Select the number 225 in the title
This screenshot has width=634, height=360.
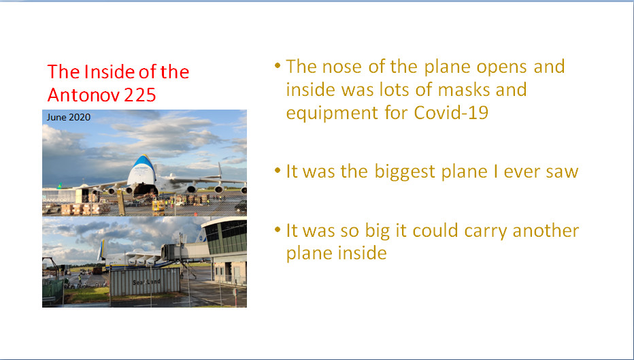coord(140,95)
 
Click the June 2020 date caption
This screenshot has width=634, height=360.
coord(68,117)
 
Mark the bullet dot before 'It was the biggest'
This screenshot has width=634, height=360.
coord(278,170)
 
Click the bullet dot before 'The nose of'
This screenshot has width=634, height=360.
coord(278,65)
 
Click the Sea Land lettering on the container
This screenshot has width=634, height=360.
coord(146,282)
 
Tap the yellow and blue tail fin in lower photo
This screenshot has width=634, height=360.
coord(101,250)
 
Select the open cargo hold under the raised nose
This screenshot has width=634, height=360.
coord(145,189)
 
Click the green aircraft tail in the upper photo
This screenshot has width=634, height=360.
coord(60,186)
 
